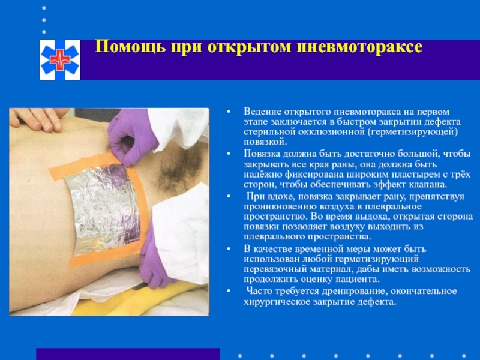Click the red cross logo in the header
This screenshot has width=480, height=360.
click(59, 60)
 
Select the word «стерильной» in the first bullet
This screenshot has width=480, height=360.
click(271, 131)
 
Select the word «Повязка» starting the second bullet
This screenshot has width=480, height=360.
click(262, 154)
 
